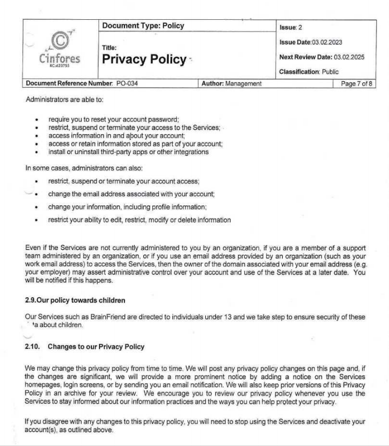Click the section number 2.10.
pos(33,347)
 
